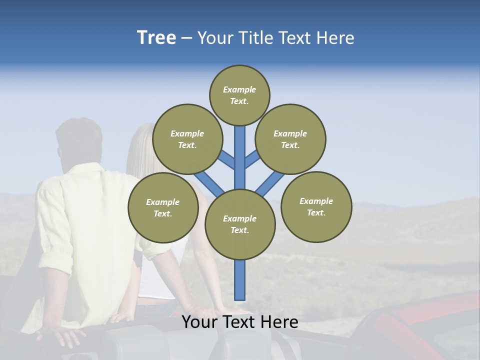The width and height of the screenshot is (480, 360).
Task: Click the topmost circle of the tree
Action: coord(239,95)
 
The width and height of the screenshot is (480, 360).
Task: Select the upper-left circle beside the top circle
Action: coord(187,139)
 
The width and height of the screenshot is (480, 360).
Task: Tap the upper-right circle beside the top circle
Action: coord(290,139)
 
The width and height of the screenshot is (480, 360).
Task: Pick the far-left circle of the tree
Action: coord(163,207)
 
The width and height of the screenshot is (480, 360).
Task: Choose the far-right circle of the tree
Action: coord(316,206)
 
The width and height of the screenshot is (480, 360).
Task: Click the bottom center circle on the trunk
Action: coord(240,224)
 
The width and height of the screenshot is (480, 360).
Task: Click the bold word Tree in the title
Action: coord(156,37)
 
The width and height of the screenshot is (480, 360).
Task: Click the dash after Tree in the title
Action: coord(186,38)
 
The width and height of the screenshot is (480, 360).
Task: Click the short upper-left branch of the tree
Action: coord(227,159)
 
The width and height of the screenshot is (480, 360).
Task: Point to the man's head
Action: coord(78,140)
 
